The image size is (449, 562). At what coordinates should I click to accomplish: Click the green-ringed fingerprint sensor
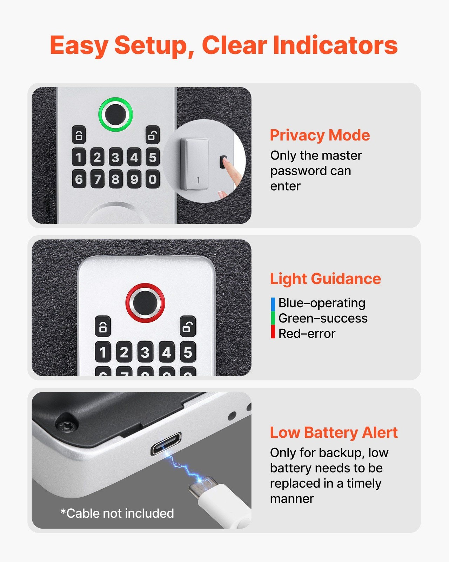coord(115,115)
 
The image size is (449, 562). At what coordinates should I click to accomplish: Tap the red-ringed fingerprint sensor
coord(145,303)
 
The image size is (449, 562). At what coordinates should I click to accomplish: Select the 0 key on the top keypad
coord(153,179)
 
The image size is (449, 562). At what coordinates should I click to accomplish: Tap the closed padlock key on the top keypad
coord(79,135)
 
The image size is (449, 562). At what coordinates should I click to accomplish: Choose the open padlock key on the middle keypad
coord(188,326)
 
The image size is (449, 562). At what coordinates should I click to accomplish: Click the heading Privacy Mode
coord(320,135)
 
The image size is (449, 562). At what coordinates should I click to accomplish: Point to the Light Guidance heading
coord(325,279)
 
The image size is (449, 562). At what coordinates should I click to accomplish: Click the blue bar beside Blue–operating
coord(273,304)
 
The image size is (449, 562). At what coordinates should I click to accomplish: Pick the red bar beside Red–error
coord(273,332)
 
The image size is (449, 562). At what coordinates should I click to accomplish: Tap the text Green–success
coord(323,318)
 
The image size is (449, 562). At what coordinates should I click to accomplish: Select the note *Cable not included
coord(117,514)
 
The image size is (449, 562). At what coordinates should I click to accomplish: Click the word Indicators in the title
coord(335,45)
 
